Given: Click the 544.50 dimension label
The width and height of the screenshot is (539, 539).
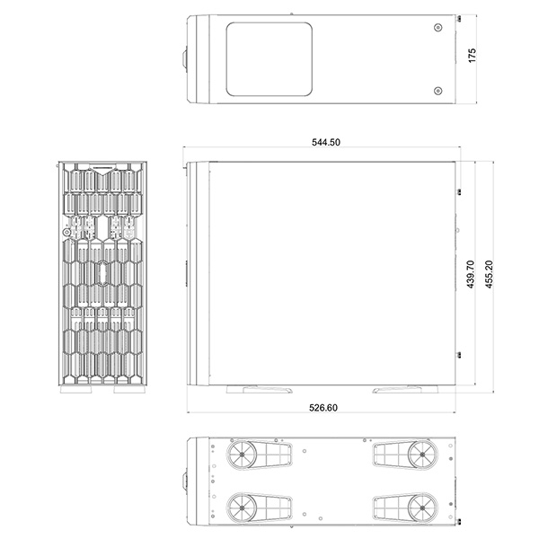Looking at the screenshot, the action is pyautogui.click(x=326, y=142).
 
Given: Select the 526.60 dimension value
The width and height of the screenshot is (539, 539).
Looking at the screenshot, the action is pyautogui.click(x=323, y=408).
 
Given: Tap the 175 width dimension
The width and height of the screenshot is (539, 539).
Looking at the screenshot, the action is pyautogui.click(x=473, y=56).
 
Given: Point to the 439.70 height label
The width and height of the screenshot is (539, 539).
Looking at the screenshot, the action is pyautogui.click(x=471, y=274).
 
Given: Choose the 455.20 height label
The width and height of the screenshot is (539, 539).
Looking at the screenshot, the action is pyautogui.click(x=489, y=274).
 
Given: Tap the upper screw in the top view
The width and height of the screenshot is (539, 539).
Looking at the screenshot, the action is pyautogui.click(x=438, y=28).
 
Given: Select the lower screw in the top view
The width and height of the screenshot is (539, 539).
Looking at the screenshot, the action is pyautogui.click(x=437, y=91).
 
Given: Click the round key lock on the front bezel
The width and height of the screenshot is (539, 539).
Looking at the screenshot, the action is pyautogui.click(x=67, y=233).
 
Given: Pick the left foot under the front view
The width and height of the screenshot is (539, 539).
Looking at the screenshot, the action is pyautogui.click(x=76, y=389).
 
